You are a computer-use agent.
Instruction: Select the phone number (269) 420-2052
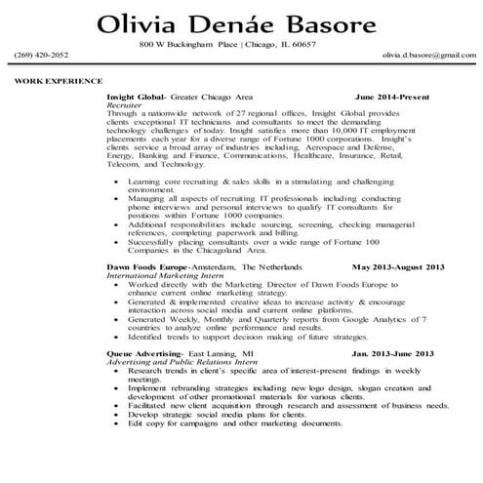coord(42,56)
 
